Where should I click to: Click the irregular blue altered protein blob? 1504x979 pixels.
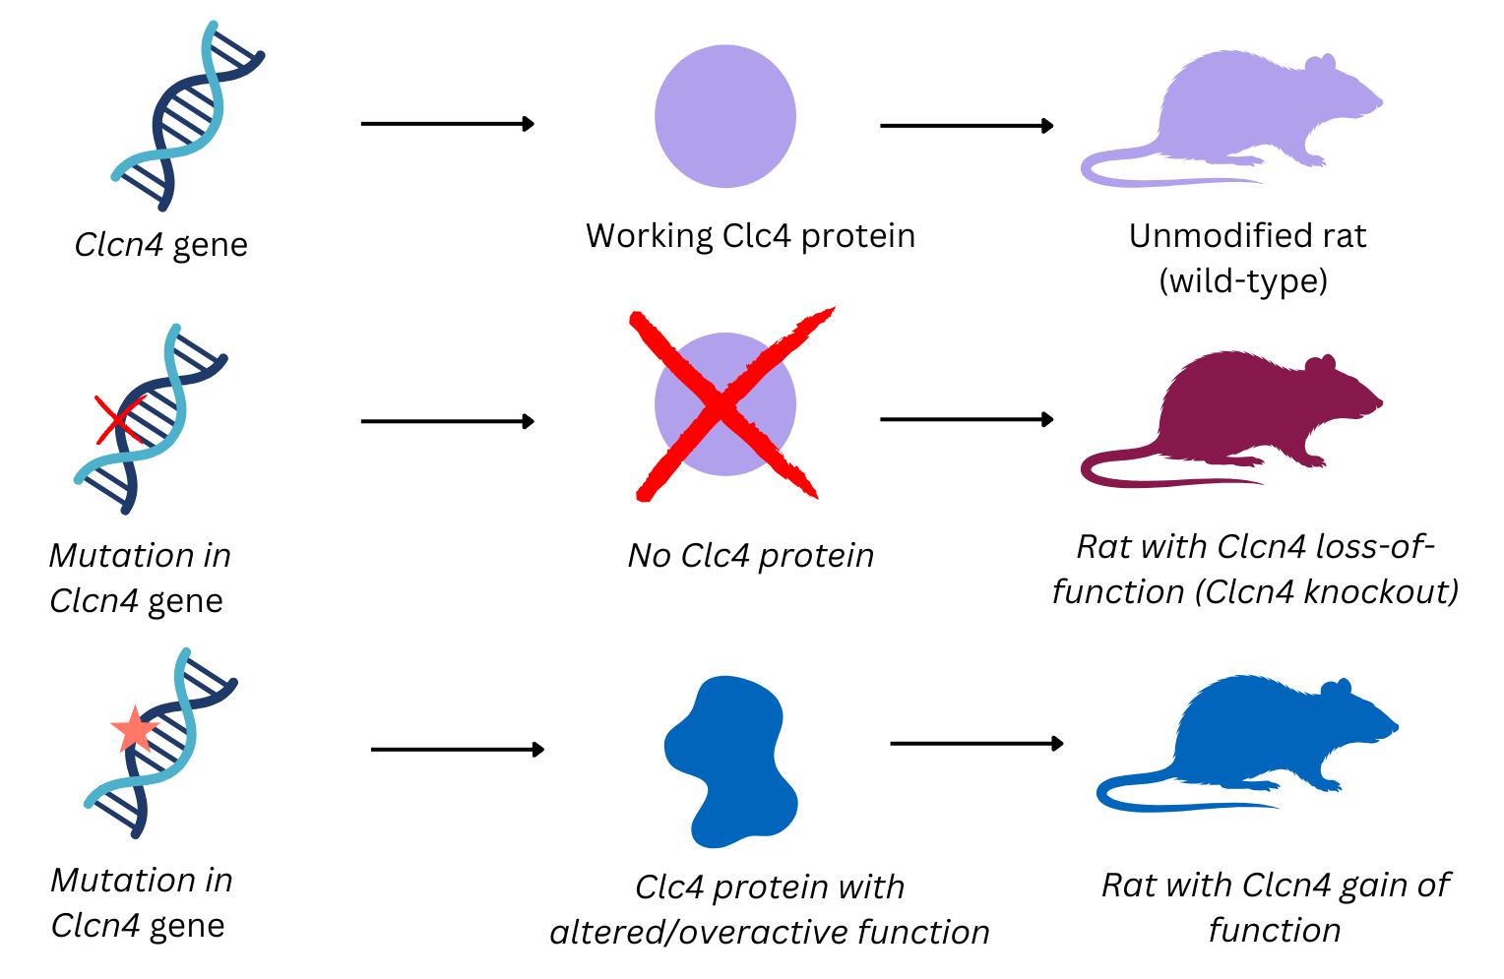tap(728, 763)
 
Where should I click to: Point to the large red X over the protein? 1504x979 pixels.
tap(726, 403)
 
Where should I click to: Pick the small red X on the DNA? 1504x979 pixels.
tap(117, 420)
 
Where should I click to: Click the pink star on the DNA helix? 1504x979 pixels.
tap(134, 730)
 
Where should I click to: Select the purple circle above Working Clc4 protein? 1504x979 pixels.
tap(725, 116)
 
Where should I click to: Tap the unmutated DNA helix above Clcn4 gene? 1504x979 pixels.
tap(187, 116)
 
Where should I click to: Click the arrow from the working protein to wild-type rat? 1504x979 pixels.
tap(967, 126)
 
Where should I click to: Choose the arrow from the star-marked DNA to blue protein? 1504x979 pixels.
tap(458, 750)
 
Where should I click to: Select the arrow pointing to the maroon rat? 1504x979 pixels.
tap(967, 420)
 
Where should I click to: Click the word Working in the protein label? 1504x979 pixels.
tap(650, 237)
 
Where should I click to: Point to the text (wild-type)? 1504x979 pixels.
tap(1243, 281)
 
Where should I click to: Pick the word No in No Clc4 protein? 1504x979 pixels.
tap(650, 556)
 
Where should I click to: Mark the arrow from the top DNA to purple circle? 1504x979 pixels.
tap(448, 124)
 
